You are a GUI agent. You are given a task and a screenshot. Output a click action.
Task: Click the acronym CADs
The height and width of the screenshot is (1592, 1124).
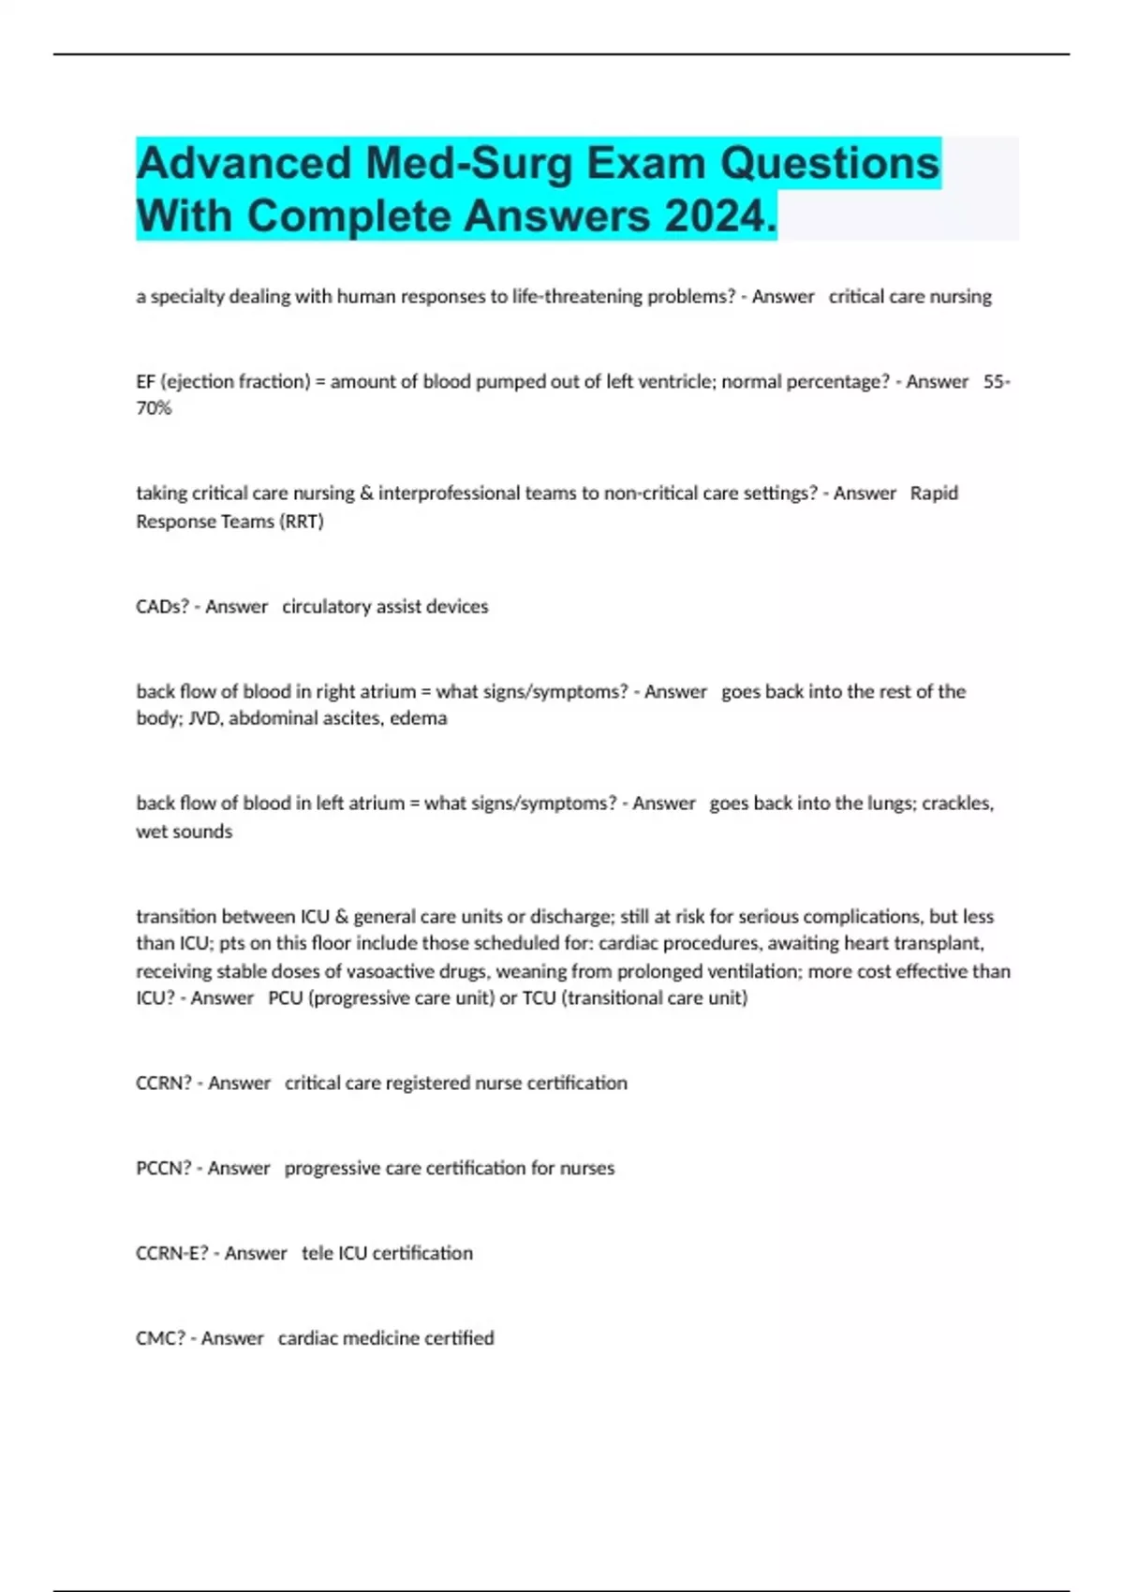162,607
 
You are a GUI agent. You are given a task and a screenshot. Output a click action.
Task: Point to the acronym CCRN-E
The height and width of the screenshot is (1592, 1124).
171,1253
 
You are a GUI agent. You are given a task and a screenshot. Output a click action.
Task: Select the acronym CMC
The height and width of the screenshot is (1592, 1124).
160,1338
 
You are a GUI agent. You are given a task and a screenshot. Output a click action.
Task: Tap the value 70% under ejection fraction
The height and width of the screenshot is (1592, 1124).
154,408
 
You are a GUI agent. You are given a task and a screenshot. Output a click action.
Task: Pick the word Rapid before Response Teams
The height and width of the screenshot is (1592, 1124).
934,494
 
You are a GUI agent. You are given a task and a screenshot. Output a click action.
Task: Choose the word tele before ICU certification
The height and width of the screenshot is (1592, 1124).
318,1253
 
